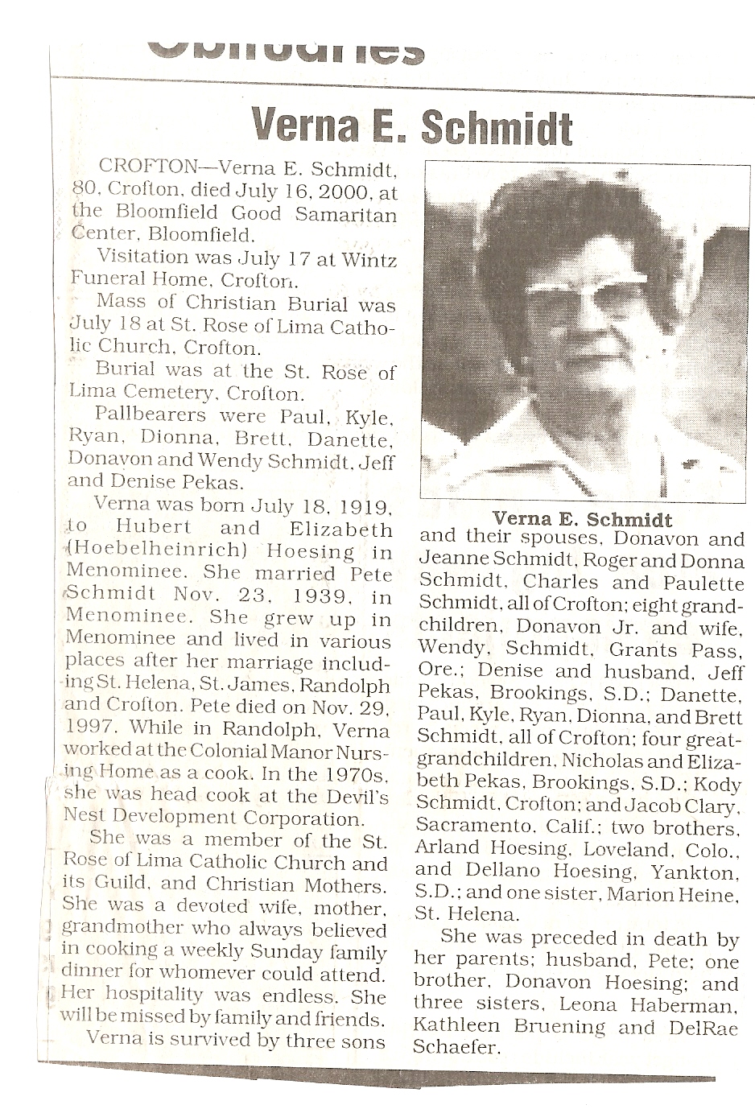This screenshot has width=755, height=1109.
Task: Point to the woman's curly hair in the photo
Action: (x=563, y=217)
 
